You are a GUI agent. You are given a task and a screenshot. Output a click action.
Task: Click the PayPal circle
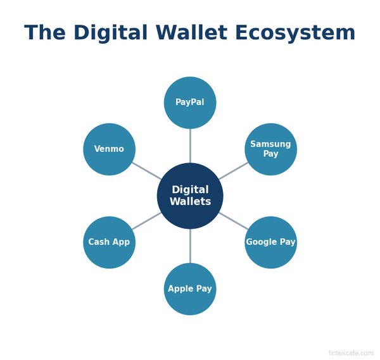click(190, 102)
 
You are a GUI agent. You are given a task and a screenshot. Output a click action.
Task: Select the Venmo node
click(109, 149)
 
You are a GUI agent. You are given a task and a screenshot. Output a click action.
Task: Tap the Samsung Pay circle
click(270, 149)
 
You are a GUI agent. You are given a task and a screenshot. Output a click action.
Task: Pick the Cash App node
click(109, 242)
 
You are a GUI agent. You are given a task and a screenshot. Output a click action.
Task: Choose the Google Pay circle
click(270, 242)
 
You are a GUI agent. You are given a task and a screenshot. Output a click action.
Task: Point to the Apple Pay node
click(190, 289)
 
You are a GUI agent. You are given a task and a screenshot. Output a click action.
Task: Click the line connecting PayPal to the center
click(190, 146)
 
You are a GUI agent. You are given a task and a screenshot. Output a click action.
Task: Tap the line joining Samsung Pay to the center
click(234, 171)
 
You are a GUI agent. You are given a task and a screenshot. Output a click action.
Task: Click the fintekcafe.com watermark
click(351, 353)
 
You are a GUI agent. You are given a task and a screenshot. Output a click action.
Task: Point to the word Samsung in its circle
click(270, 144)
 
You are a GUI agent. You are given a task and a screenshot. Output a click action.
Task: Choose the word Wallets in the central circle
click(190, 202)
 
